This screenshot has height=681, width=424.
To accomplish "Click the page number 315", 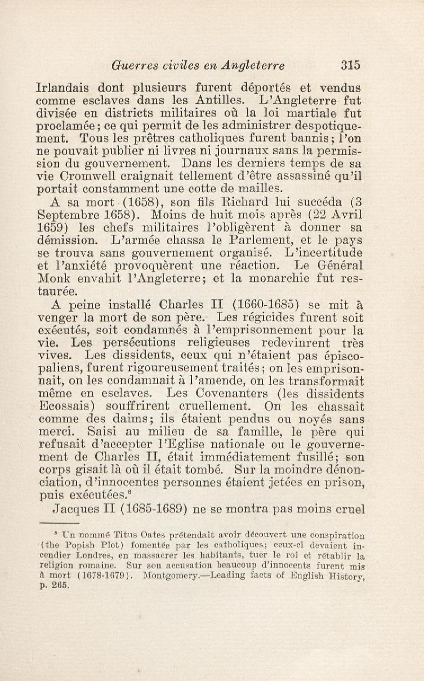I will point(350,65).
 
